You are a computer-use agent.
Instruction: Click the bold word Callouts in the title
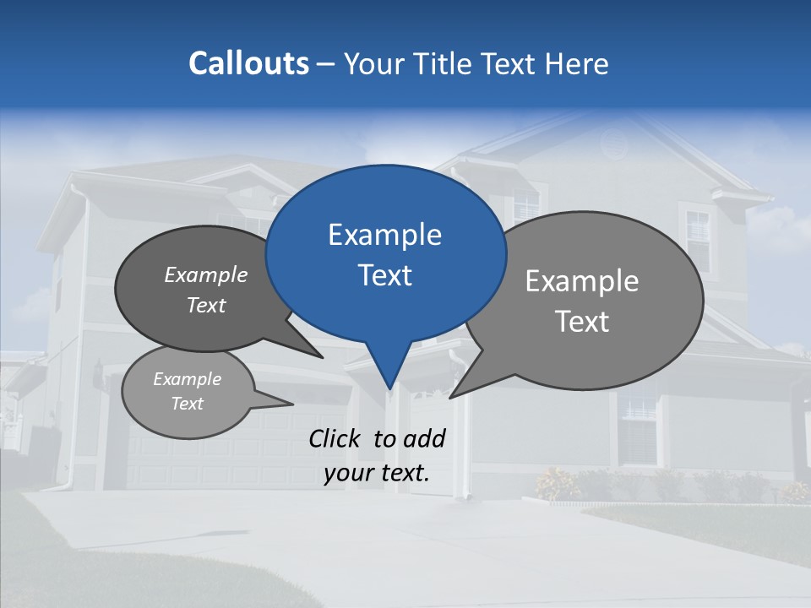[x=248, y=63]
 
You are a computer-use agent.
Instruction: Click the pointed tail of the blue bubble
[x=389, y=376]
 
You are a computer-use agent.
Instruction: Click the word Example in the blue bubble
[x=384, y=235]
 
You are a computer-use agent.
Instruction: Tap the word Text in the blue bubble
[x=384, y=275]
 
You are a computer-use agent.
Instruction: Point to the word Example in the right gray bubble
[x=582, y=281]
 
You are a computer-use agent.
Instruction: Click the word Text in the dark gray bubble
[x=206, y=306]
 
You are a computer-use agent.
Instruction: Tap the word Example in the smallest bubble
[x=187, y=379]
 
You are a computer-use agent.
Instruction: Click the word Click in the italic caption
[x=337, y=438]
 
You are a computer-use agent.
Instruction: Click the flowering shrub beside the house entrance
[x=558, y=484]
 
